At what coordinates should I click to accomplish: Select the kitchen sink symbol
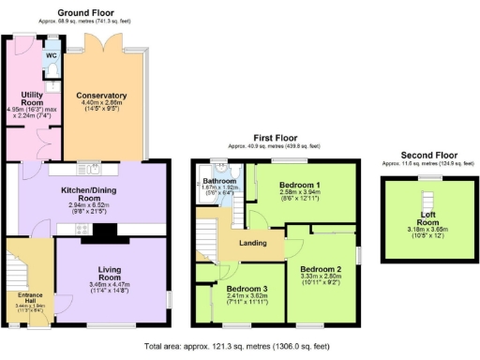pyautogui.click(x=93, y=170)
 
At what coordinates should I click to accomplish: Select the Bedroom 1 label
pyautogui.click(x=301, y=184)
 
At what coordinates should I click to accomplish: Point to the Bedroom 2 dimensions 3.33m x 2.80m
pyautogui.click(x=322, y=277)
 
